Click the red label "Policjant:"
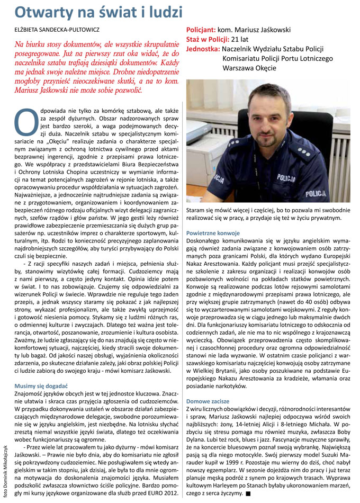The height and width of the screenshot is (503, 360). click(x=203, y=30)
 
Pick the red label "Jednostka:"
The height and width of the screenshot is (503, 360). click(x=203, y=49)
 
